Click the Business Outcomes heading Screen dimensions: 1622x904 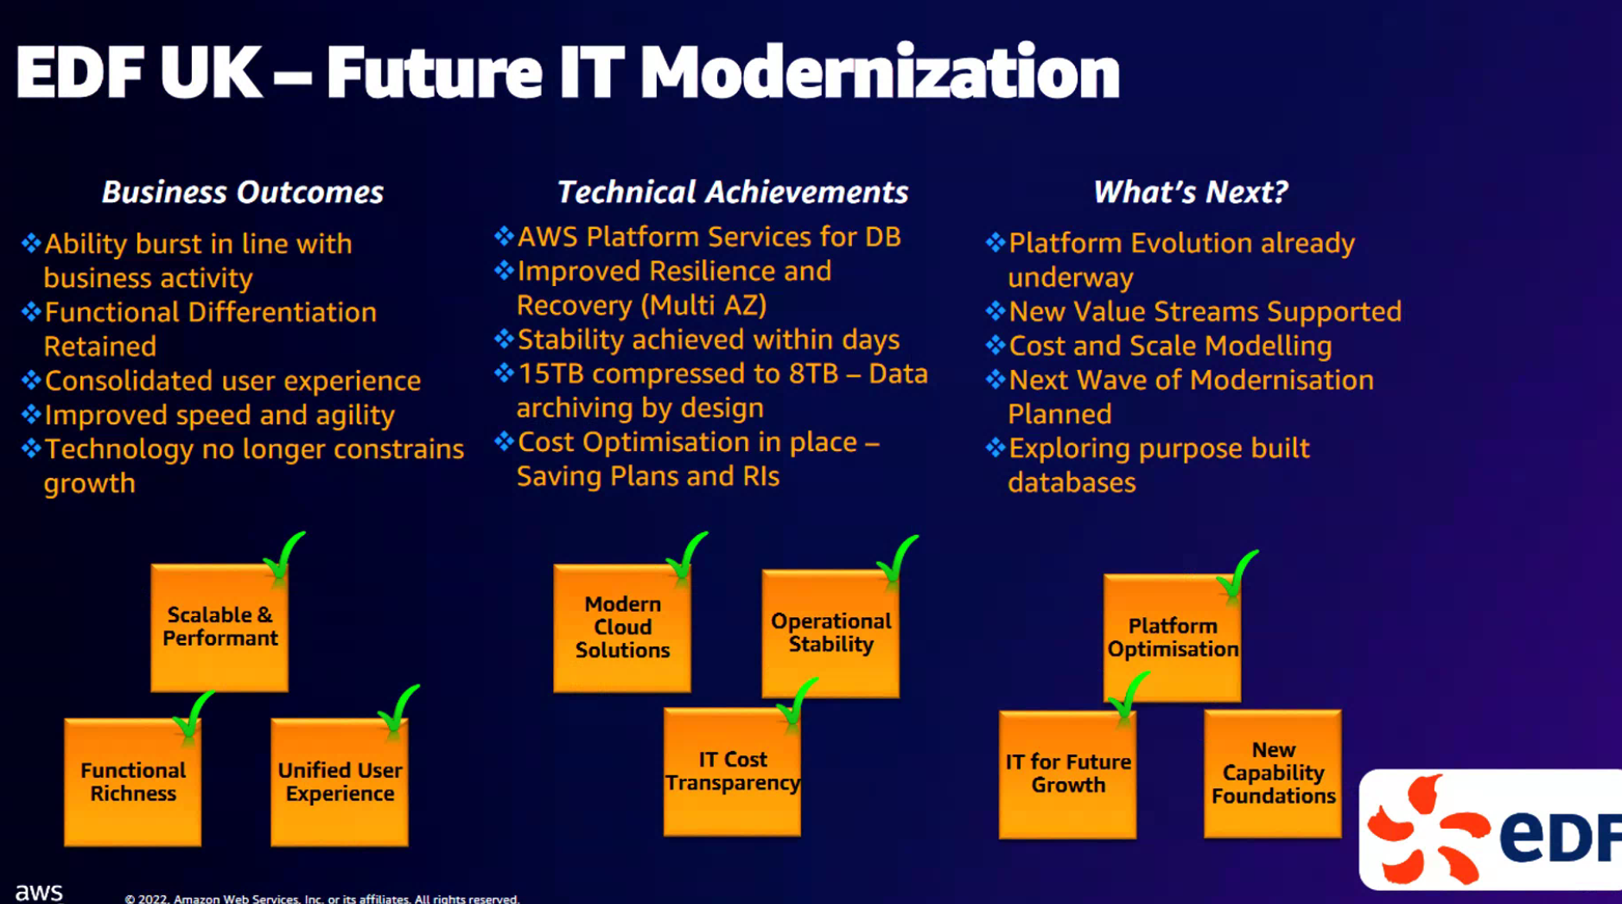pyautogui.click(x=243, y=192)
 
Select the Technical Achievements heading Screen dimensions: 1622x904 pyautogui.click(x=732, y=192)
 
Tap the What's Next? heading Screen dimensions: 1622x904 pyautogui.click(x=1191, y=192)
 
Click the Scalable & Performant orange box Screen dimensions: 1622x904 pyautogui.click(x=219, y=627)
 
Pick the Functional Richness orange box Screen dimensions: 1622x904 pyautogui.click(x=133, y=781)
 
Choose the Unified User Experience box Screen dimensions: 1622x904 pyautogui.click(x=340, y=781)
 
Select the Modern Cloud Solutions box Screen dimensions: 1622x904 pyautogui.click(x=622, y=627)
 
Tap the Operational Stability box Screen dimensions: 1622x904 pyautogui.click(x=830, y=633)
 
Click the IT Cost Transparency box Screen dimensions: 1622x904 pyautogui.click(x=732, y=772)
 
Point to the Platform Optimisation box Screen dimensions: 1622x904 pyautogui.click(x=1173, y=638)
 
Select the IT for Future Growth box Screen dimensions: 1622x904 pyautogui.click(x=1068, y=774)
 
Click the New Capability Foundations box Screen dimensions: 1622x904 pyautogui.click(x=1273, y=773)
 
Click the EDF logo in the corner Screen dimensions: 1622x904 pyautogui.click(x=1491, y=830)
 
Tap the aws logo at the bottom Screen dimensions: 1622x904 pyautogui.click(x=39, y=891)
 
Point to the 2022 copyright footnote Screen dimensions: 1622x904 pyautogui.click(x=321, y=899)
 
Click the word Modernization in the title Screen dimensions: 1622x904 pyautogui.click(x=880, y=72)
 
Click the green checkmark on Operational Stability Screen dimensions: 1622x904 pyautogui.click(x=897, y=560)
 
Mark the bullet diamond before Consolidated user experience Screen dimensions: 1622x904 pyautogui.click(x=31, y=380)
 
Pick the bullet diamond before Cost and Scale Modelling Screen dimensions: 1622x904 pyautogui.click(x=995, y=346)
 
